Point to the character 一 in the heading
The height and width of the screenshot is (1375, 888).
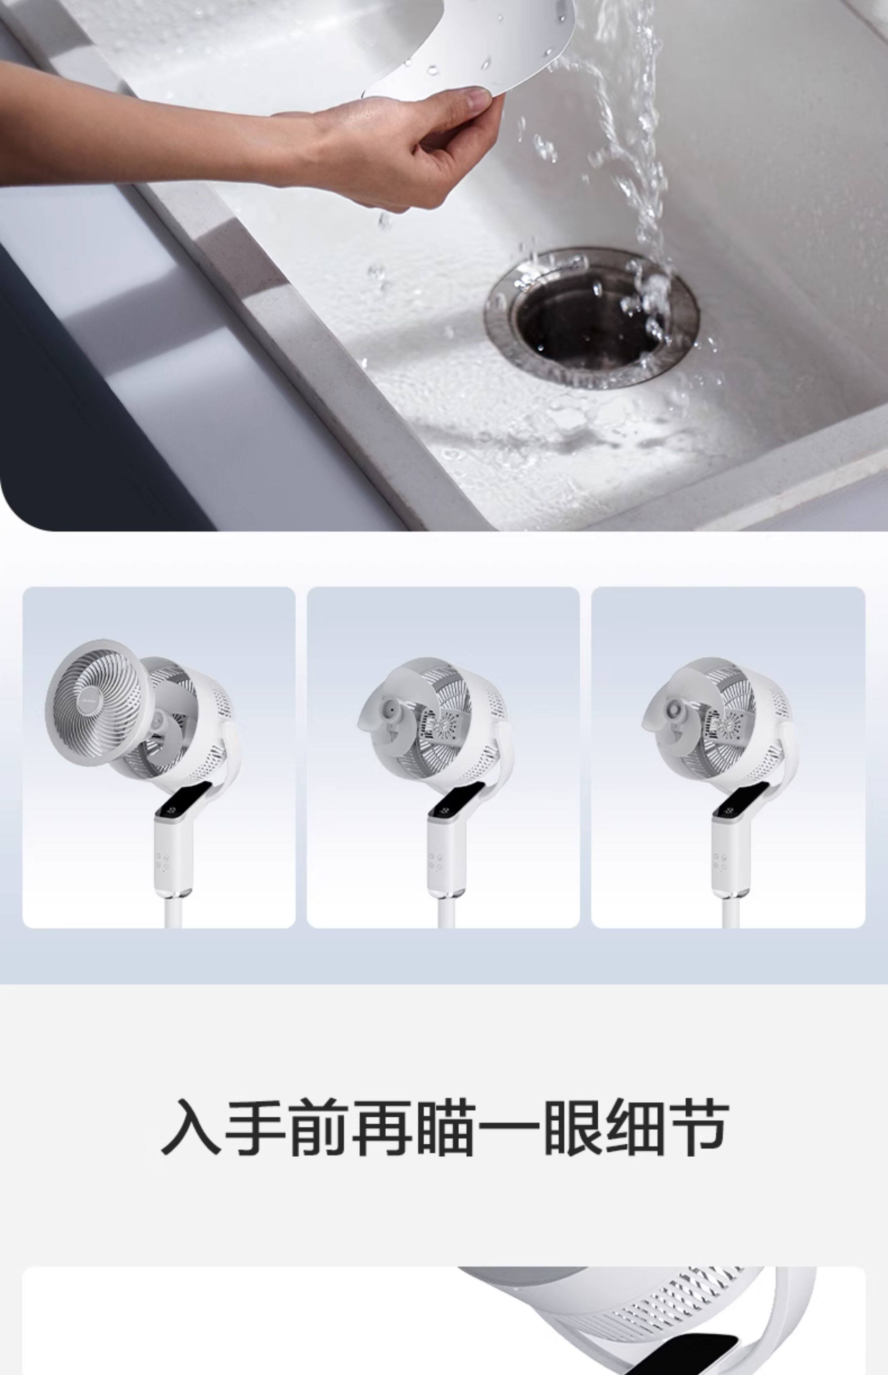(x=508, y=1126)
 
